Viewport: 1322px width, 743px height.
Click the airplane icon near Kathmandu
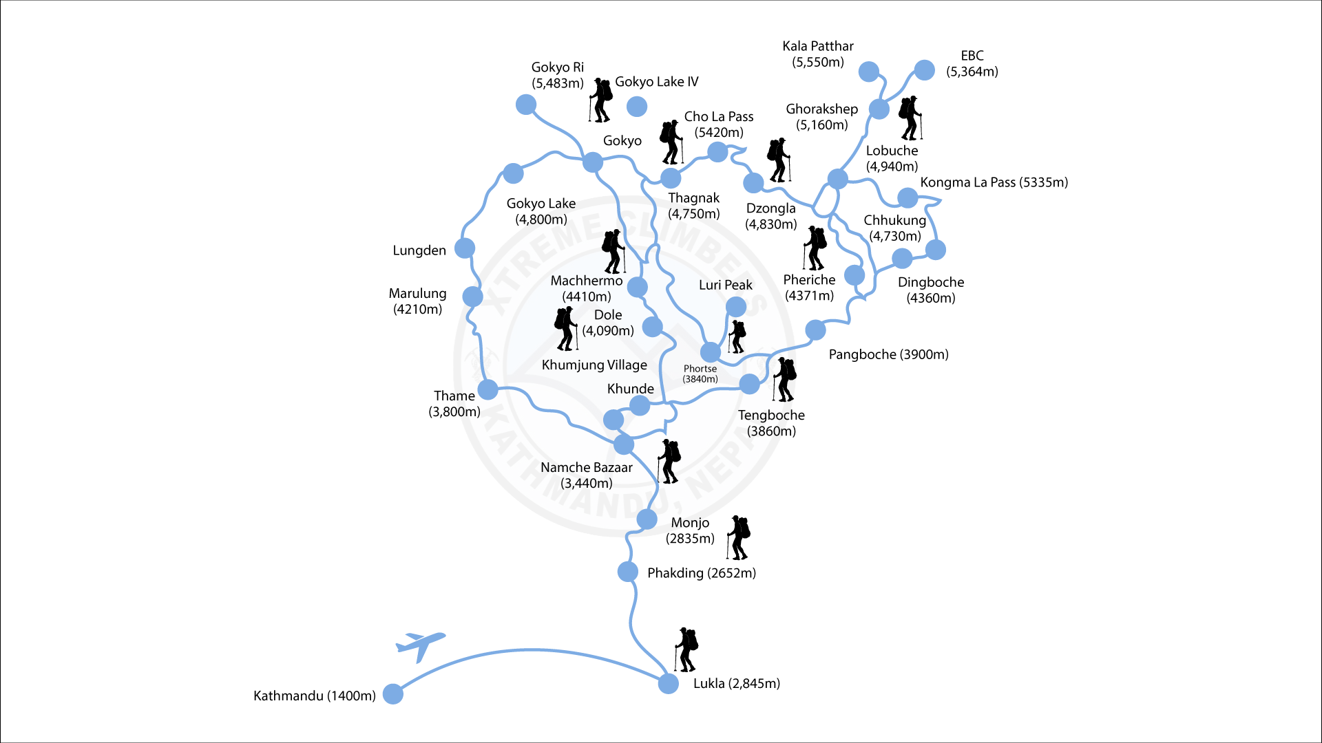coord(420,645)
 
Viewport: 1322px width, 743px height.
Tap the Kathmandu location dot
coord(392,694)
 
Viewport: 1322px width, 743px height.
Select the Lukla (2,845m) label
coord(736,683)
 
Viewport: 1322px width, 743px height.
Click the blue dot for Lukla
coord(668,683)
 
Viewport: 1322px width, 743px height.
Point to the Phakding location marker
coord(627,571)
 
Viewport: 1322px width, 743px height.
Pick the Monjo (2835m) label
coord(690,530)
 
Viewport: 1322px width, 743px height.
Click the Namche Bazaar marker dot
coord(623,444)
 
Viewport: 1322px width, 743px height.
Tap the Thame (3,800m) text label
coord(454,404)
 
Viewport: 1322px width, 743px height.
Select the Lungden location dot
coord(465,248)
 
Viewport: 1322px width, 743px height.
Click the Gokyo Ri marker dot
coord(526,105)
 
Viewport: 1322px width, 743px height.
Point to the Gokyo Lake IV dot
coord(637,106)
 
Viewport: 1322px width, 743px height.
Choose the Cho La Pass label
coord(719,125)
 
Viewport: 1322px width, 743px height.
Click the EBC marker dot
coord(924,70)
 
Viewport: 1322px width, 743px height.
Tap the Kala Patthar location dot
coord(869,72)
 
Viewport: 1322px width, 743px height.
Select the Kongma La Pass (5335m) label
coord(994,182)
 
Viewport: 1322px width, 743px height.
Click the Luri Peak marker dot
coord(735,306)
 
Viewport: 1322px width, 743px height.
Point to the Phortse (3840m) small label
coord(700,374)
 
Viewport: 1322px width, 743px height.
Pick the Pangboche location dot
coord(815,330)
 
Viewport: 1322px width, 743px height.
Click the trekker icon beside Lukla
coord(686,649)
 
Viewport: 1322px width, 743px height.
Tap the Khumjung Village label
coord(594,365)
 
